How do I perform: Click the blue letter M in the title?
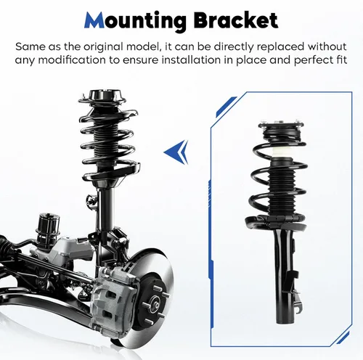[x=94, y=20]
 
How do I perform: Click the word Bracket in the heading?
[x=236, y=20]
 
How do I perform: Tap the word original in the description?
[x=103, y=47]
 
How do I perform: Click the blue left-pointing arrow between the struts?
[x=176, y=152]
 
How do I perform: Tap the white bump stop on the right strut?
[x=281, y=152]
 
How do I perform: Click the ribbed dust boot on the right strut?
[x=282, y=189]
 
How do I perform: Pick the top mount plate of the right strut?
[x=281, y=124]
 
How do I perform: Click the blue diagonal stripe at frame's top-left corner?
[x=226, y=107]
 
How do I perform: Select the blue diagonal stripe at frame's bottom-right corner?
[x=343, y=337]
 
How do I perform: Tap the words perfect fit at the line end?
[x=321, y=60]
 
